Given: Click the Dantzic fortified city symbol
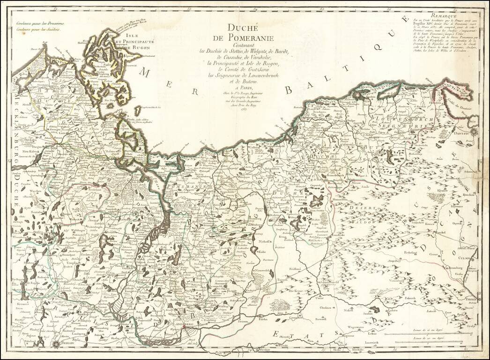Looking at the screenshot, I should [474, 132].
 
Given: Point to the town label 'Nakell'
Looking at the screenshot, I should [348, 310].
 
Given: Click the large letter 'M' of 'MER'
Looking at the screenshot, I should [146, 73].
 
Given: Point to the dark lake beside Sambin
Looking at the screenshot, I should [374, 309].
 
